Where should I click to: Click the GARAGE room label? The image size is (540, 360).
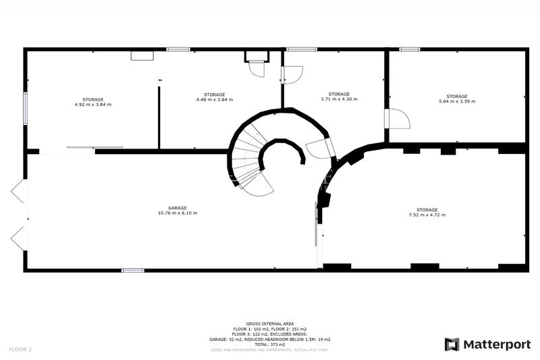click(x=178, y=208)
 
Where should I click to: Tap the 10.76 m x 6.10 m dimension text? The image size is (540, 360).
click(x=178, y=213)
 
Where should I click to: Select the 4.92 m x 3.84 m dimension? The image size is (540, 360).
click(x=93, y=105)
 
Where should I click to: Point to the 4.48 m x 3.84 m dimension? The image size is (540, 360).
click(x=214, y=99)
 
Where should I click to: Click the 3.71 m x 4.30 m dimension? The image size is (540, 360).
click(x=339, y=99)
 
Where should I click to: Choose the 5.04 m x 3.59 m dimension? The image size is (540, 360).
click(x=457, y=101)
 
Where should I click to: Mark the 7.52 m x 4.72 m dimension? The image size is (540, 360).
click(x=427, y=215)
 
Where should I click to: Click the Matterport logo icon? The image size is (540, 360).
click(x=452, y=344)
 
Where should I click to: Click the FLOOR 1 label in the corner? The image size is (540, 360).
click(x=20, y=349)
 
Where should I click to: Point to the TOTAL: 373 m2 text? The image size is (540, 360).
click(x=270, y=344)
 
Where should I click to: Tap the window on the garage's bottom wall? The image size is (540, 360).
click(x=133, y=271)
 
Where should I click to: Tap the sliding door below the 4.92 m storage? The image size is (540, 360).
click(x=94, y=147)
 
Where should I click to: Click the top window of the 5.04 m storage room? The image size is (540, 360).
click(x=410, y=49)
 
